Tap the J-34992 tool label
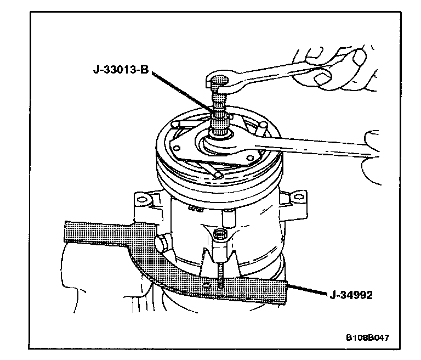coord(351,295)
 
